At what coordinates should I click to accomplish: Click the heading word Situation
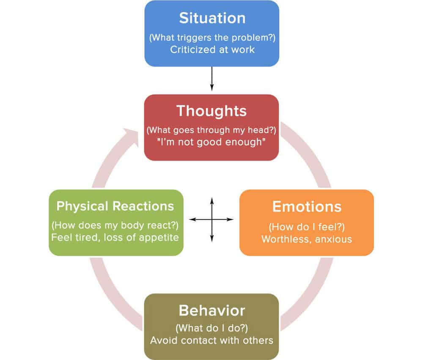click(211, 18)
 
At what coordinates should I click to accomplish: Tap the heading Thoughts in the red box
click(211, 111)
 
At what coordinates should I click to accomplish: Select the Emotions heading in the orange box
click(307, 207)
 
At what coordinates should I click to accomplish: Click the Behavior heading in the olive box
click(211, 311)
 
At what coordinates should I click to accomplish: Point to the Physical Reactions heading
click(115, 206)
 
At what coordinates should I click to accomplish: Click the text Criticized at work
click(211, 49)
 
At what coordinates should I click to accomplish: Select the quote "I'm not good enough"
click(211, 142)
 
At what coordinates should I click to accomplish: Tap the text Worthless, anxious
click(307, 239)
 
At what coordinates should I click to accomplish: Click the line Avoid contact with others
click(211, 340)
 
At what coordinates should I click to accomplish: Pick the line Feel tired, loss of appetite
click(115, 237)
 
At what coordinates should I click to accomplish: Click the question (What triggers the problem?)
click(211, 38)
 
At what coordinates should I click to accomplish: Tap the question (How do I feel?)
click(307, 227)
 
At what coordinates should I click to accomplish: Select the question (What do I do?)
click(211, 328)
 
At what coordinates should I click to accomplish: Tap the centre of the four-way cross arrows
click(211, 219)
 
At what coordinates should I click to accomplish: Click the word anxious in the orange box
click(334, 239)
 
